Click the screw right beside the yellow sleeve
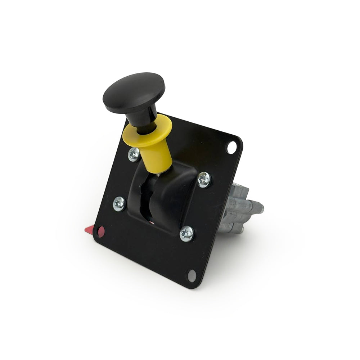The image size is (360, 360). point(134,154)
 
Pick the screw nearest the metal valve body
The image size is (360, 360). point(204,179)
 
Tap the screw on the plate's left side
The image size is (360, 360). point(120,204)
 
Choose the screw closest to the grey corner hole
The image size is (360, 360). point(186,234)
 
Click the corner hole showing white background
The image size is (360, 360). point(231,147)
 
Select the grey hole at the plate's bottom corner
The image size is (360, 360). point(192,275)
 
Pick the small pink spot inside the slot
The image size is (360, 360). point(152,222)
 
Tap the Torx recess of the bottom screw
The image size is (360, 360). point(186,234)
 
